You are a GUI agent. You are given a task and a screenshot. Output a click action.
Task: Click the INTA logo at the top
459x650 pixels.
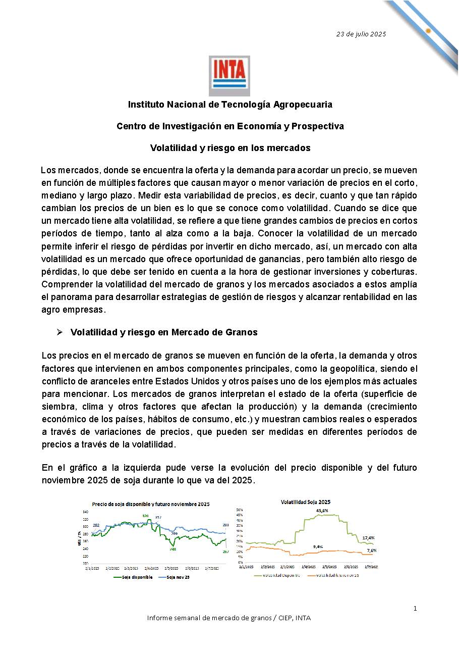[x=229, y=76]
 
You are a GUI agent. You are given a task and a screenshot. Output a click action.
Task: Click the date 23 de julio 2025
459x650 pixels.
[x=361, y=34]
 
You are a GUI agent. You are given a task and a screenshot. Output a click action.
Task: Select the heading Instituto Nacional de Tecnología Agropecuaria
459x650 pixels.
[x=230, y=105]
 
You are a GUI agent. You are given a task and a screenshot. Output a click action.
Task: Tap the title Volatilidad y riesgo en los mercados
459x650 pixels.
[x=230, y=148]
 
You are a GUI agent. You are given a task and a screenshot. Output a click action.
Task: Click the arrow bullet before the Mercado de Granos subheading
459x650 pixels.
[x=59, y=332]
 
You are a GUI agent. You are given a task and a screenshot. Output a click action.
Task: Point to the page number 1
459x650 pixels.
[x=415, y=608]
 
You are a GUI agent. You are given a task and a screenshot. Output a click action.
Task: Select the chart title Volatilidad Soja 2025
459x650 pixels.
[x=305, y=502]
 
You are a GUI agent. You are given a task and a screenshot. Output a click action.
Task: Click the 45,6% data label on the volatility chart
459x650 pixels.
[x=322, y=511]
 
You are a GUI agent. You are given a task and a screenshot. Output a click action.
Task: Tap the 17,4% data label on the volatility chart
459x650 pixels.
[x=369, y=538]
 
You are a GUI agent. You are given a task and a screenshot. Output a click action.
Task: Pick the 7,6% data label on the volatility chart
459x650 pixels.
[x=371, y=550]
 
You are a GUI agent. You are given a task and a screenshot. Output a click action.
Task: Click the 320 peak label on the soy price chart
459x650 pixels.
[x=145, y=516]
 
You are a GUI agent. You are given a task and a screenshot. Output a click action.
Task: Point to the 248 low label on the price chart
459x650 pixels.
[x=173, y=549]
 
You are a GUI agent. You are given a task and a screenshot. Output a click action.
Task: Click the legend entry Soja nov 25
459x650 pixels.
[x=177, y=576]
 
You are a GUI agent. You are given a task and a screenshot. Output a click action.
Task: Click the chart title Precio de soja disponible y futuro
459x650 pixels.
[x=150, y=504]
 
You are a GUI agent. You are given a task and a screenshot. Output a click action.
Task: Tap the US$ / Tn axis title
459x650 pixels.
[x=80, y=538]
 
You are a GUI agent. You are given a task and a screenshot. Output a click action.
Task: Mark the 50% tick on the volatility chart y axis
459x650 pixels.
[x=240, y=510]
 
